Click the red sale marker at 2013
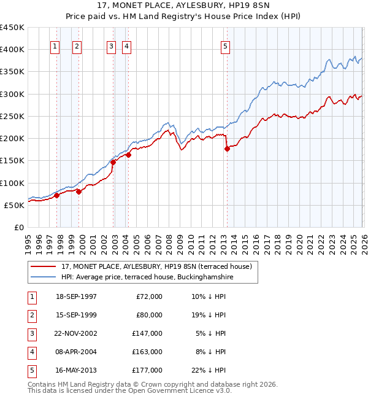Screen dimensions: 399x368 pyautogui.click(x=227, y=149)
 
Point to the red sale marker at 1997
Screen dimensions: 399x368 pyautogui.click(x=57, y=196)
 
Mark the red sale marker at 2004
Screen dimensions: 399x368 pyautogui.click(x=128, y=155)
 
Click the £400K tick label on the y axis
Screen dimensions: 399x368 pyautogui.click(x=12, y=50)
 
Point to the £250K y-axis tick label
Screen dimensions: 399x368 pyautogui.click(x=12, y=117)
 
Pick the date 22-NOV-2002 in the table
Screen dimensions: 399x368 pyautogui.click(x=76, y=333)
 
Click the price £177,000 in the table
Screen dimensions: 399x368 pyautogui.click(x=147, y=370)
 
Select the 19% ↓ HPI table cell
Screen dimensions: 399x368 pyautogui.click(x=209, y=315)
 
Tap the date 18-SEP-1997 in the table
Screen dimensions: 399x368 pyautogui.click(x=76, y=296)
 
